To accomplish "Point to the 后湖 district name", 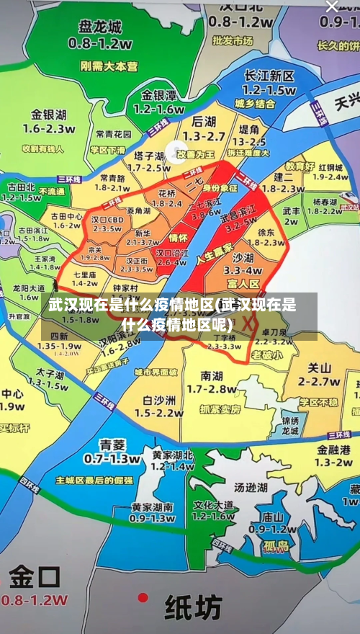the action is [204, 122].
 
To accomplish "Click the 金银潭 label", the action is [158, 95].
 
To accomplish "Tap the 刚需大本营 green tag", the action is [109, 66].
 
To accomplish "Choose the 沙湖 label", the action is [243, 258].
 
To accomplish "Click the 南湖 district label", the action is [212, 375].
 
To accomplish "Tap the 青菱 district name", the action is [112, 444].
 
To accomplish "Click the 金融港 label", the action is [333, 449].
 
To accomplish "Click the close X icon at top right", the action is [332, 6].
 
